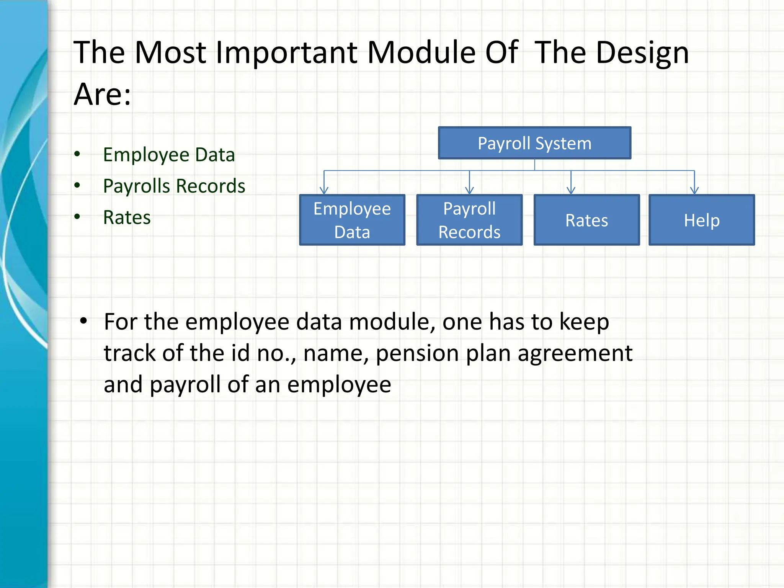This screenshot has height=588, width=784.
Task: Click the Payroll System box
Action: [534, 143]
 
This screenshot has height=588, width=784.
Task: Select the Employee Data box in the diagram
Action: [352, 220]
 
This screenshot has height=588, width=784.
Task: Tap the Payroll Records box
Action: [469, 220]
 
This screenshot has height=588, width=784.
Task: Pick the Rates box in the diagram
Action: [586, 220]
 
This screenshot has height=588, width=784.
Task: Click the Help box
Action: [702, 220]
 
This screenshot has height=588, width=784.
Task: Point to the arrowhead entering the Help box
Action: [694, 191]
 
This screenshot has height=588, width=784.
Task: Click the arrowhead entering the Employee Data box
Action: [324, 191]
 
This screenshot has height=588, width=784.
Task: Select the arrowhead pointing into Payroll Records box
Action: [470, 191]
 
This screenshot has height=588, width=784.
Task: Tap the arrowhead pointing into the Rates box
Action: [571, 191]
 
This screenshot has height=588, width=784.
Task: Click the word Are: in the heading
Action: [102, 94]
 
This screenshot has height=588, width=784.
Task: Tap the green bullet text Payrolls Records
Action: [174, 186]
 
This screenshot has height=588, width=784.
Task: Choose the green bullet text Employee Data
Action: [169, 155]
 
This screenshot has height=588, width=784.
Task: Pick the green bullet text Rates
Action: [127, 217]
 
